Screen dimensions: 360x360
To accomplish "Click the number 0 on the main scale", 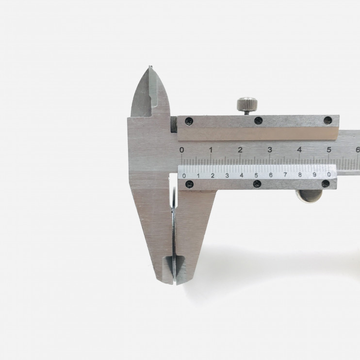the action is [x=181, y=150].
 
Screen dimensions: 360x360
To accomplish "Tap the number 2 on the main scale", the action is [x=240, y=150].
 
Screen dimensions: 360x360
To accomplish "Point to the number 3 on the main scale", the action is [x=270, y=150].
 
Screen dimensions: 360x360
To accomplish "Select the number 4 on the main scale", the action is [x=299, y=150].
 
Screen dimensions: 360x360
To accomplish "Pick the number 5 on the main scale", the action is [x=329, y=150].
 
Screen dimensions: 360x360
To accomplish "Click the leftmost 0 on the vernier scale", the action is [x=184, y=176].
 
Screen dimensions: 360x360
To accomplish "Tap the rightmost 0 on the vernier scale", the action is [x=329, y=175].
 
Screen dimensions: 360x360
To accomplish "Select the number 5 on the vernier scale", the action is [x=256, y=176].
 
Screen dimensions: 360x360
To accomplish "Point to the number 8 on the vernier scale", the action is [x=300, y=175].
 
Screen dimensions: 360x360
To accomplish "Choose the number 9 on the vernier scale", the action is [x=314, y=175].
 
